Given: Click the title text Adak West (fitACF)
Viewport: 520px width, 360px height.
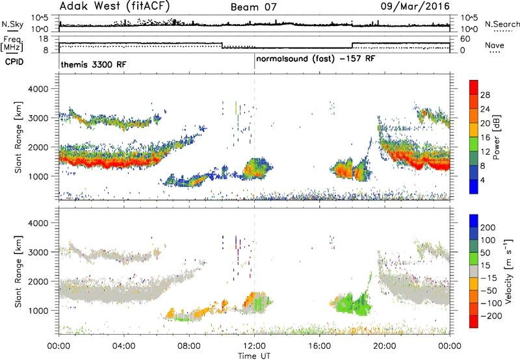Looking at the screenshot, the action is (x=114, y=6).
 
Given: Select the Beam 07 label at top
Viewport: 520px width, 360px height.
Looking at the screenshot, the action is (x=253, y=7).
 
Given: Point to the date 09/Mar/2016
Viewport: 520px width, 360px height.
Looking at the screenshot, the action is (x=415, y=6).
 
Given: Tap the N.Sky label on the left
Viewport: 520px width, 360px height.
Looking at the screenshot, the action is (x=12, y=24).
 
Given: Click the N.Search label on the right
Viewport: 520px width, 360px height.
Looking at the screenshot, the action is (x=502, y=24).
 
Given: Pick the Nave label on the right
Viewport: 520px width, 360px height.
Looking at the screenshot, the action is (x=494, y=45).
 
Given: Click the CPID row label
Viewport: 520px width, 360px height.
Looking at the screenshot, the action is (x=14, y=62).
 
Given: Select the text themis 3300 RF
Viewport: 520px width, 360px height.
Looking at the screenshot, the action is (x=94, y=64).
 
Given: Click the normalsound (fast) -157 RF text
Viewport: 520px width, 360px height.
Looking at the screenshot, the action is (x=315, y=59).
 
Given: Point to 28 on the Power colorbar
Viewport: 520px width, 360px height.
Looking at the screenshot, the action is (x=485, y=95).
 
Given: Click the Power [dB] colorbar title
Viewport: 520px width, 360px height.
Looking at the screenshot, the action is (x=496, y=137).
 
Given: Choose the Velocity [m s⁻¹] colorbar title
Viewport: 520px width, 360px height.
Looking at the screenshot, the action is (x=508, y=271).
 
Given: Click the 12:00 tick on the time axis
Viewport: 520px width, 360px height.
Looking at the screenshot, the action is (x=254, y=346).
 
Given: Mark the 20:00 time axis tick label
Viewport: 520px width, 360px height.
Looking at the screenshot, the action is (x=384, y=346).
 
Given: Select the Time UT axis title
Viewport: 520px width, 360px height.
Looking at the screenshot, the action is (x=254, y=356).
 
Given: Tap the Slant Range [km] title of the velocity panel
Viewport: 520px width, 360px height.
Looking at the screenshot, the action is (x=18, y=271).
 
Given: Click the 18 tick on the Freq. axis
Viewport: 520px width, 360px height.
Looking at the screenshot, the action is (x=44, y=39).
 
